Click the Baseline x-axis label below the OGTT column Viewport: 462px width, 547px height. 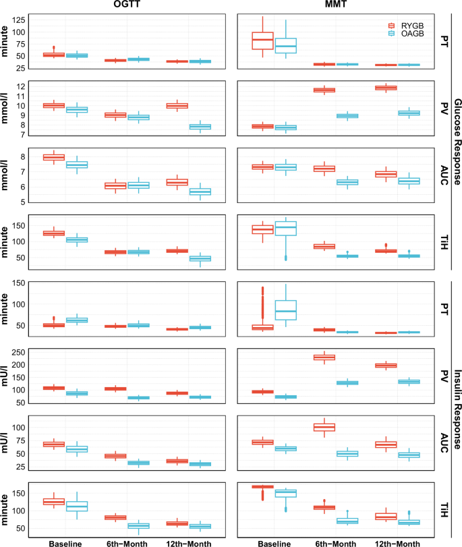click(65, 542)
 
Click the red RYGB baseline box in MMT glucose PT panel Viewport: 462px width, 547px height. click(262, 40)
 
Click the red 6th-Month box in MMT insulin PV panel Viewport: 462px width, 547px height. click(326, 357)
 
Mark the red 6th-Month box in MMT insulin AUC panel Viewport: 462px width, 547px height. click(326, 427)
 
